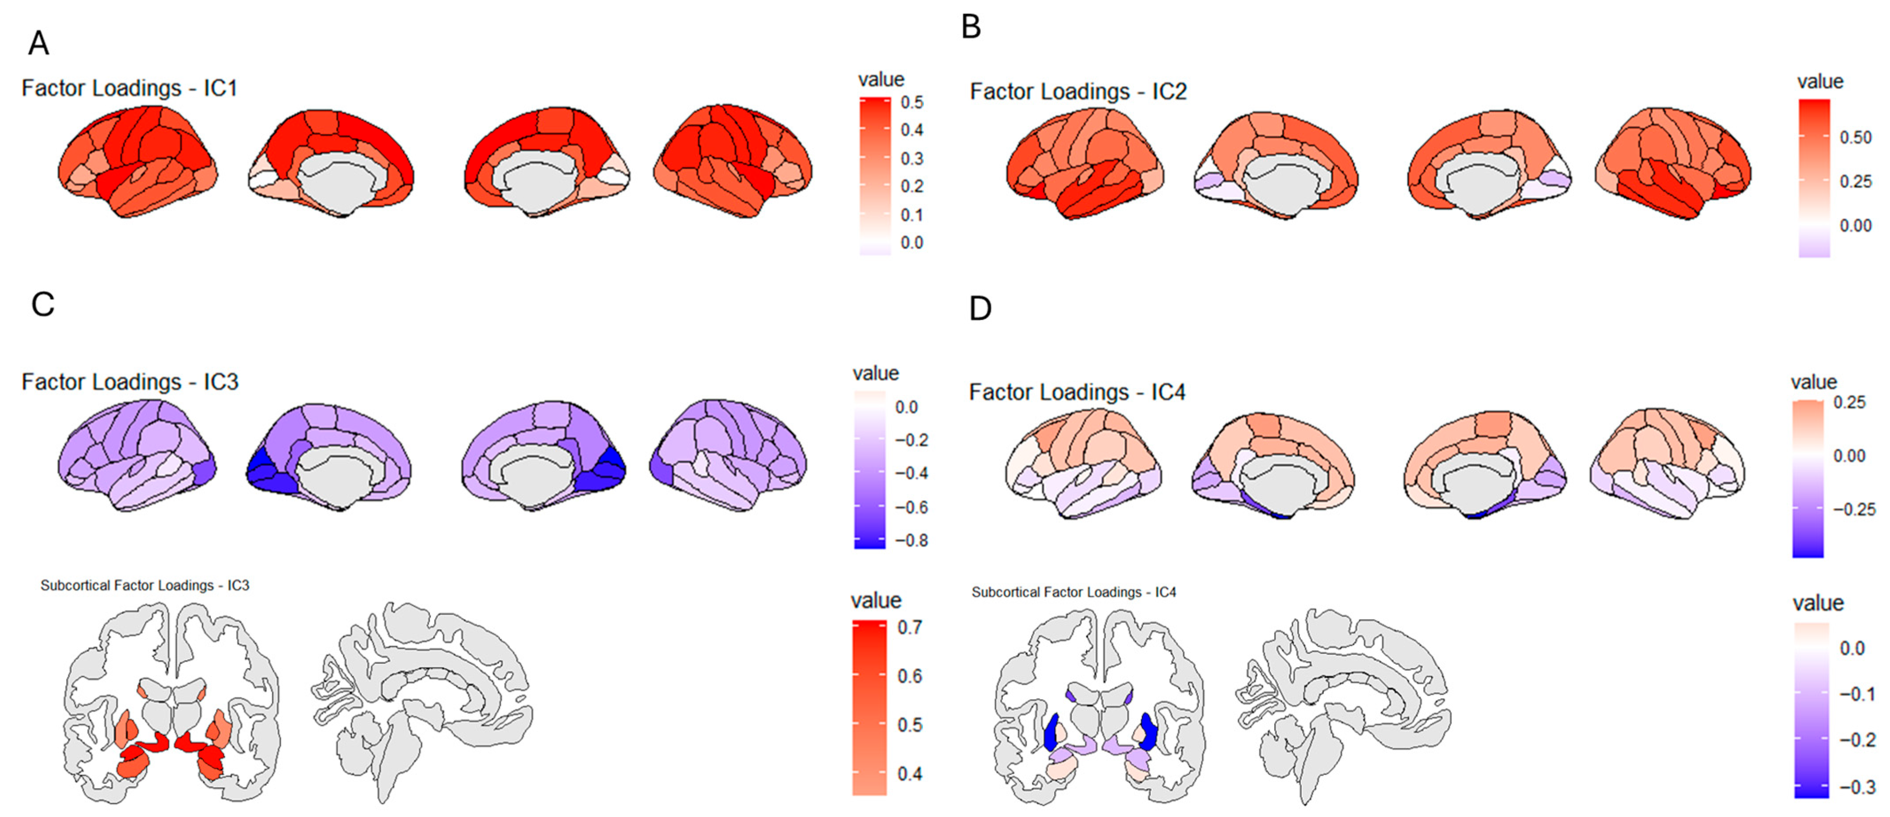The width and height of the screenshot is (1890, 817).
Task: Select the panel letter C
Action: coord(43,304)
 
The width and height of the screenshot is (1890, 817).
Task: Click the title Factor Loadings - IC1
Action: coord(129,88)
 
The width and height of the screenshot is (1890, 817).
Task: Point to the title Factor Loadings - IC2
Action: coord(1078,92)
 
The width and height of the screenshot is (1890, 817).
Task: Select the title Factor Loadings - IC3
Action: coord(130,382)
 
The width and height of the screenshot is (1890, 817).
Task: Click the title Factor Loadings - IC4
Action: coord(1077,393)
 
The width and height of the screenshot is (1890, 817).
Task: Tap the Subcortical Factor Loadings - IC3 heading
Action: coord(145,585)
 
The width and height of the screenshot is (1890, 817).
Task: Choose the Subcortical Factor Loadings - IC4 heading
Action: coord(1073,592)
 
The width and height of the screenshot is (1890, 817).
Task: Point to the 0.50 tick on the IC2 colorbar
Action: coord(1855,137)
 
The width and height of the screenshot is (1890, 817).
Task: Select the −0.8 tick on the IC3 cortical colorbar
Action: coord(911,541)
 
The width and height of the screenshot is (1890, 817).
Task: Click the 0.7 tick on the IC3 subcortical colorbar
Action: coord(910,628)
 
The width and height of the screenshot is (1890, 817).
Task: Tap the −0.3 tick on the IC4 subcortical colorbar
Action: coord(1859,787)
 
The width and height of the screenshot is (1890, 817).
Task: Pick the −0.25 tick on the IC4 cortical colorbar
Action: coord(1854,509)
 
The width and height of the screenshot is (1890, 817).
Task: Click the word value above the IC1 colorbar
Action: coord(881,79)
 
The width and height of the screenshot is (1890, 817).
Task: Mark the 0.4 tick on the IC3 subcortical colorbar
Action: coord(910,774)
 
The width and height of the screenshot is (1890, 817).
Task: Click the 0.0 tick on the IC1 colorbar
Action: coord(912,243)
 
